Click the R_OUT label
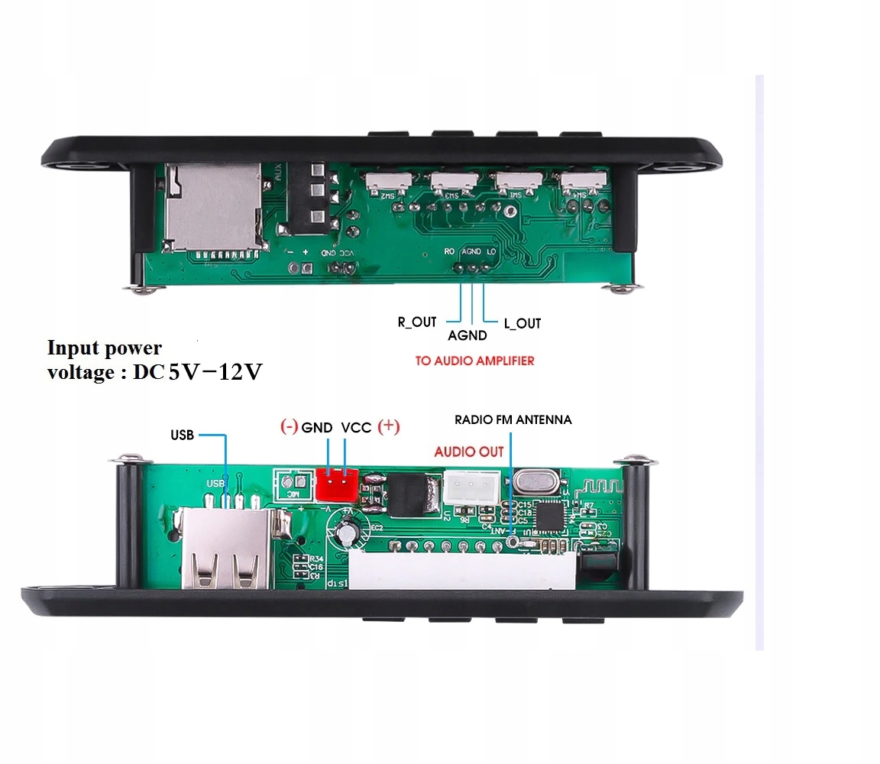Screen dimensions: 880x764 click(x=416, y=322)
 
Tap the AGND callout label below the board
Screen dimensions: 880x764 click(x=467, y=335)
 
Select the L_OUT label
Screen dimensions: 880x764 click(x=522, y=323)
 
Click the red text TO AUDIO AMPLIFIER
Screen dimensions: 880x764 click(x=474, y=360)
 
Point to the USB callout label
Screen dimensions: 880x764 click(x=182, y=435)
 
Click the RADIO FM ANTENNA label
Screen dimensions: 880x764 click(x=513, y=419)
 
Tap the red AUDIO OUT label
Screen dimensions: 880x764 click(x=469, y=452)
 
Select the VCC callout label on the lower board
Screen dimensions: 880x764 click(x=356, y=428)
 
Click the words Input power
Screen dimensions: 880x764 click(x=105, y=348)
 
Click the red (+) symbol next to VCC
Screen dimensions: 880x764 click(x=388, y=426)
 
